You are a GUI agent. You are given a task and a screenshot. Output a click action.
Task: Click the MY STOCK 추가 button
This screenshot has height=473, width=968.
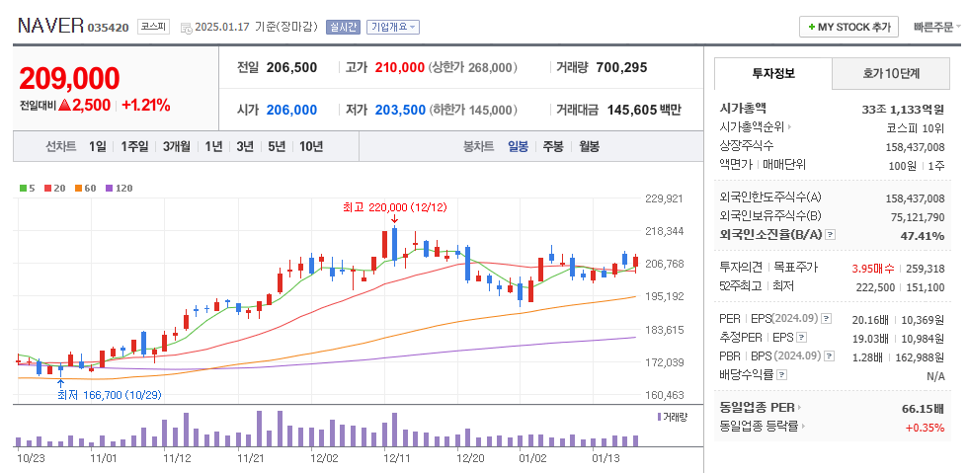(848, 27)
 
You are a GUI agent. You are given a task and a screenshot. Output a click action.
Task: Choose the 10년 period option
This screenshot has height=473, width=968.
(310, 146)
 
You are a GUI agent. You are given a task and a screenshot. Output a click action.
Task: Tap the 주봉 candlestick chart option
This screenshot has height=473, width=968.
(552, 146)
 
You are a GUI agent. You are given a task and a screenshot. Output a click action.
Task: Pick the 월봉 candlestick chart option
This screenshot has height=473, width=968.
(589, 146)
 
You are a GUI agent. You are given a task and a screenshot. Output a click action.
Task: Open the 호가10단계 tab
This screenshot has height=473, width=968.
(890, 74)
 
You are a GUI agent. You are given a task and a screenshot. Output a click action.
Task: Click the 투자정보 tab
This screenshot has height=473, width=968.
(772, 74)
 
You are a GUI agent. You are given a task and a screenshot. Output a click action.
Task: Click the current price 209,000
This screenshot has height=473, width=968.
(69, 78)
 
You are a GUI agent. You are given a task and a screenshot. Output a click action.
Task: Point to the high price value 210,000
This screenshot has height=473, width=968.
(399, 67)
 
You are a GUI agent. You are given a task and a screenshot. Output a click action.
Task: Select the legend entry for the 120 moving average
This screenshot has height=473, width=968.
(119, 188)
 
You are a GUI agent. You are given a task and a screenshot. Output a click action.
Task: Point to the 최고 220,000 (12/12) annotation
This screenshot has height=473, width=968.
(394, 207)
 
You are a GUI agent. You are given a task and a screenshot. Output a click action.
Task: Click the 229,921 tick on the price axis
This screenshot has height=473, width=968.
(663, 198)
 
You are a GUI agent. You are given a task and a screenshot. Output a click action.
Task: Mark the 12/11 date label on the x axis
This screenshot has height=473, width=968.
(396, 458)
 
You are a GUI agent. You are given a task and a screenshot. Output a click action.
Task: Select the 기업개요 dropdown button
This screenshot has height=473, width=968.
(393, 28)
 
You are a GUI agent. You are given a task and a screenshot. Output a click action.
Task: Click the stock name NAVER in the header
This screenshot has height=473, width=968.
(49, 26)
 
